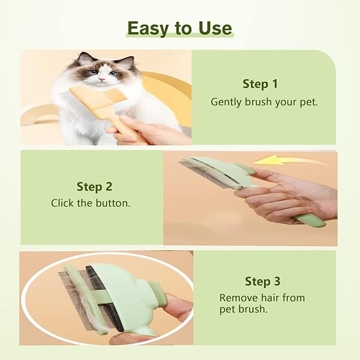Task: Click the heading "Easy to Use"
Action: point(180,28)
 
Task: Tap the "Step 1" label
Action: point(260,84)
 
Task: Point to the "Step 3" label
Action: point(262,281)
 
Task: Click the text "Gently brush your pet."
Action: point(264,102)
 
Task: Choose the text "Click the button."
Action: point(90,203)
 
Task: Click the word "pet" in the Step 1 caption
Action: point(309,102)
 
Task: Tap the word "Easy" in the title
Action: point(148,28)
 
